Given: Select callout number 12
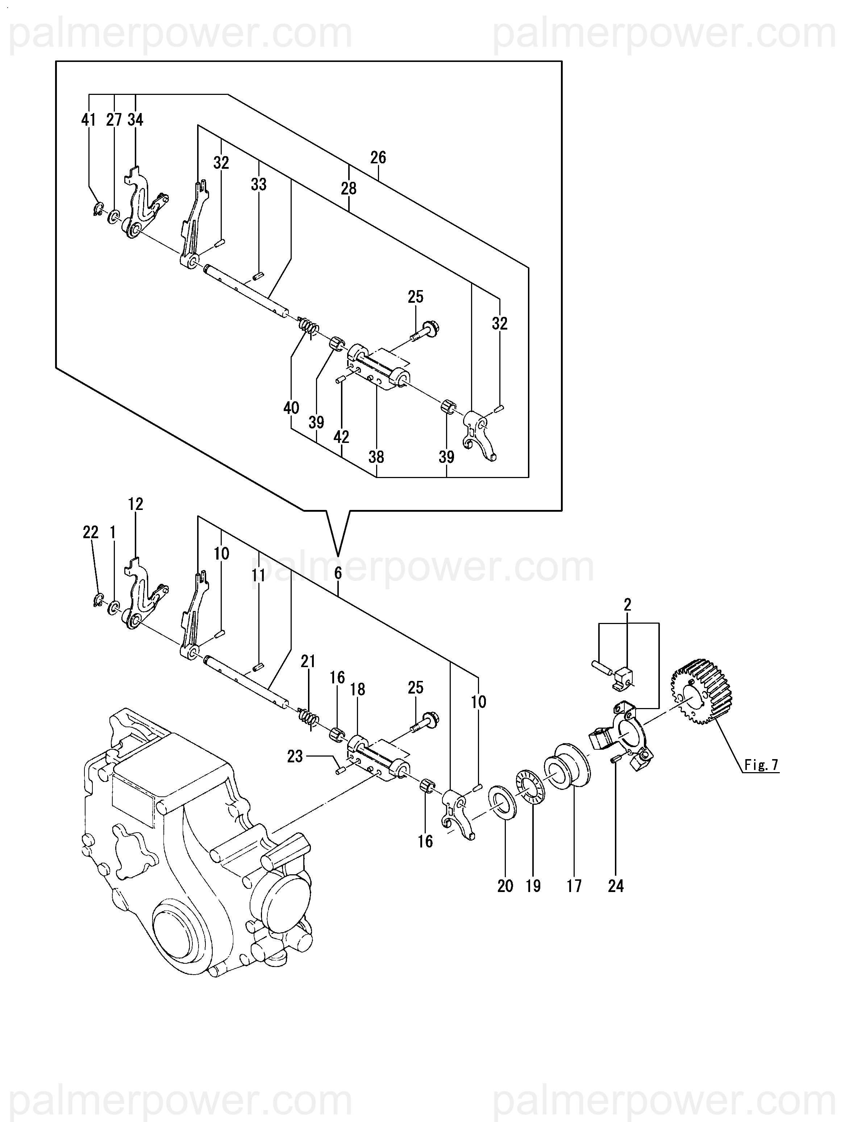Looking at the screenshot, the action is click(136, 504).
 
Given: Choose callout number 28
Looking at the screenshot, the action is click(349, 188).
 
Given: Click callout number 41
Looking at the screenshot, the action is click(88, 120).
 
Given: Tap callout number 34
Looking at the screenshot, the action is click(135, 120).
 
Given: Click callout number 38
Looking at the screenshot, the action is click(376, 457).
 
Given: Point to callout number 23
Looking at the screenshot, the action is click(295, 757).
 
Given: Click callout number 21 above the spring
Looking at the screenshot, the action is click(308, 661).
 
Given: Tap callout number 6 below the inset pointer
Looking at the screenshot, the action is click(338, 573).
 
